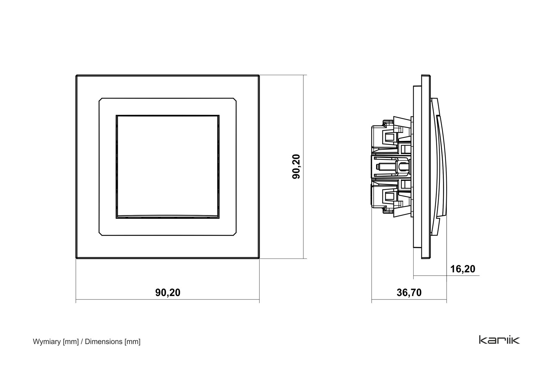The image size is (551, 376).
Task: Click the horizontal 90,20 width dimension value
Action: click(x=168, y=293)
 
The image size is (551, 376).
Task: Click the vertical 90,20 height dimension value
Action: click(x=297, y=167)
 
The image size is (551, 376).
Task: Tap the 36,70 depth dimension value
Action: click(x=409, y=293)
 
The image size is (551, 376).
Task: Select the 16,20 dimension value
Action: click(x=463, y=269)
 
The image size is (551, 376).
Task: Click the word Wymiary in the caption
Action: click(x=47, y=342)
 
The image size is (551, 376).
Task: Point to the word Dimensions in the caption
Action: click(x=104, y=342)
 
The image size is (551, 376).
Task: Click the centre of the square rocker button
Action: click(x=167, y=167)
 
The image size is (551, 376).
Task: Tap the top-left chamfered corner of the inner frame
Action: click(x=100, y=100)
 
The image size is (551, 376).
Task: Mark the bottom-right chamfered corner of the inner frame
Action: click(x=235, y=234)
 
